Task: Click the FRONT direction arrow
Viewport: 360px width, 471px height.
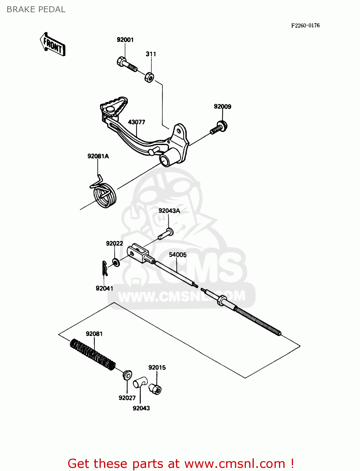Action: [x=53, y=45]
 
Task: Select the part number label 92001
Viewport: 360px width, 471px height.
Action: [x=125, y=40]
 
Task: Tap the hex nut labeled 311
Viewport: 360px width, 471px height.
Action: [x=149, y=77]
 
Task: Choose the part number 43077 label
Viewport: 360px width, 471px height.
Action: [x=136, y=122]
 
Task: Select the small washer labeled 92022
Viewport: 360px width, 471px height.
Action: [x=116, y=262]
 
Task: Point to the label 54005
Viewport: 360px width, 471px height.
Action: [x=177, y=255]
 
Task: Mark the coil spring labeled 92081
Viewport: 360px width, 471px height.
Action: [x=92, y=354]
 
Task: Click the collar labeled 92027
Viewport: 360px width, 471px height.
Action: [x=127, y=375]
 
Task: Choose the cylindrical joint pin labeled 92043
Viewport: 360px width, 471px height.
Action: [x=139, y=382]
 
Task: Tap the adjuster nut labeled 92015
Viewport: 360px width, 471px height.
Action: [x=155, y=389]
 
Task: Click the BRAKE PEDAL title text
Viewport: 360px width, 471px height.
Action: [x=36, y=9]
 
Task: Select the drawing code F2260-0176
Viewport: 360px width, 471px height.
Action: [x=305, y=25]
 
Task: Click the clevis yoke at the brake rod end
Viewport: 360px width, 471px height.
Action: [x=138, y=252]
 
